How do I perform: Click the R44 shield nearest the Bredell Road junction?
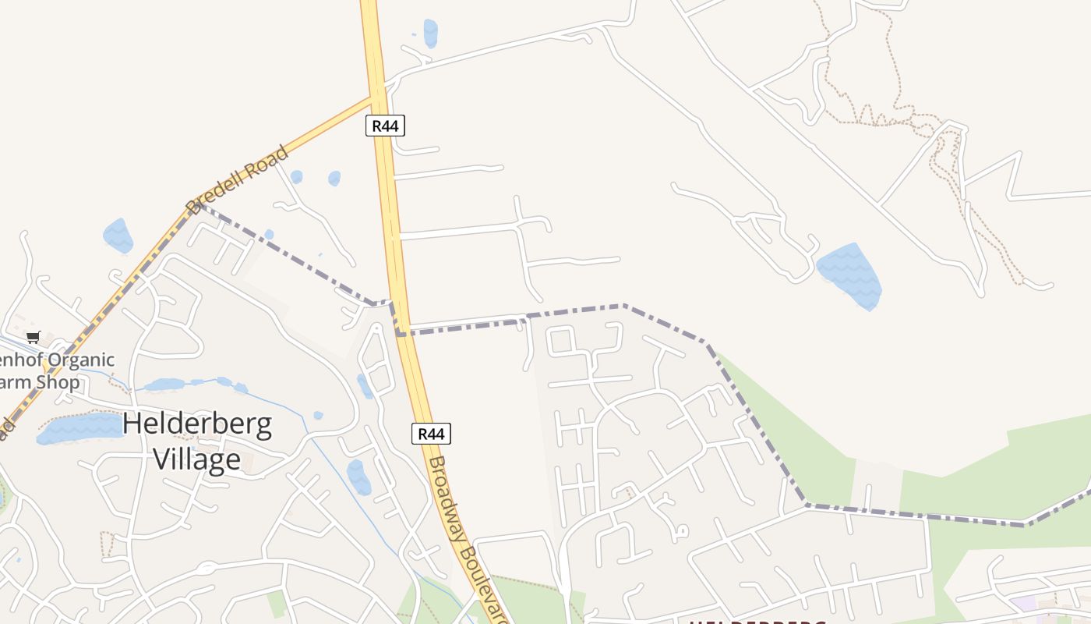point(385,126)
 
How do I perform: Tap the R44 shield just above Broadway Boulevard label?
point(431,434)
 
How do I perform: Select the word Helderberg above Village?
point(197,424)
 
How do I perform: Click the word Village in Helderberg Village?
point(196,459)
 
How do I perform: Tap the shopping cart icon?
point(33,337)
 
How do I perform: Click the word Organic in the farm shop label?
point(80,360)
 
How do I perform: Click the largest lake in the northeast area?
point(851,275)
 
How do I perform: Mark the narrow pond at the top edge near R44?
point(430,33)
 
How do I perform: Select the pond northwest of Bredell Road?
point(118,235)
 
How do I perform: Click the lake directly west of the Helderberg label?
point(79,428)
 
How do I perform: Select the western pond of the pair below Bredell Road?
point(296,177)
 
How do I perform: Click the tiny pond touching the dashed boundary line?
point(269,234)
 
